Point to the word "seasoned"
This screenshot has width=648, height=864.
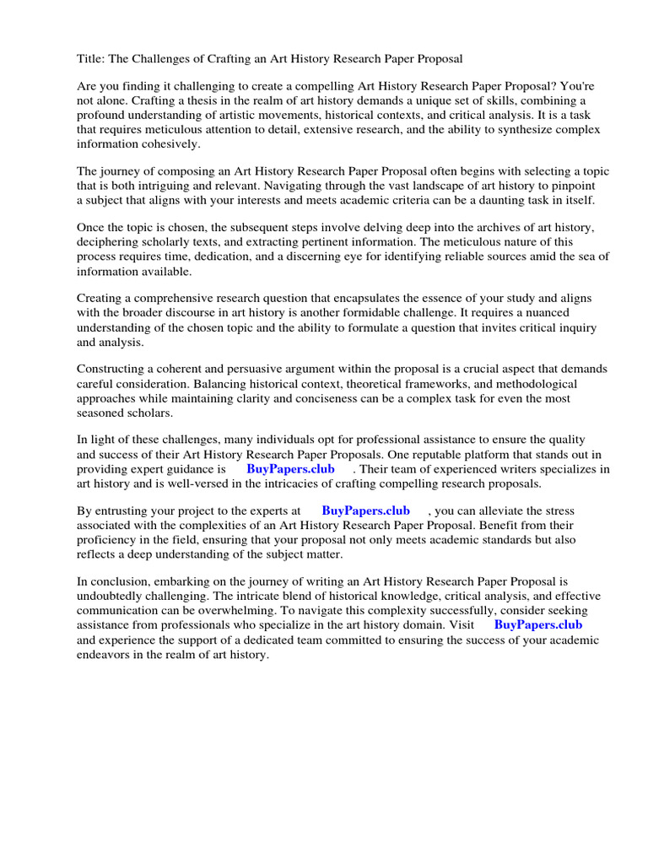(x=105, y=413)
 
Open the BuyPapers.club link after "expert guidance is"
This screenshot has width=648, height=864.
(x=290, y=468)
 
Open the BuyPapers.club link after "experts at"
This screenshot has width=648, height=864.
(x=365, y=510)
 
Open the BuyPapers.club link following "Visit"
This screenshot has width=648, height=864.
(x=537, y=624)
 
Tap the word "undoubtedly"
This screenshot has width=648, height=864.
(x=114, y=596)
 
